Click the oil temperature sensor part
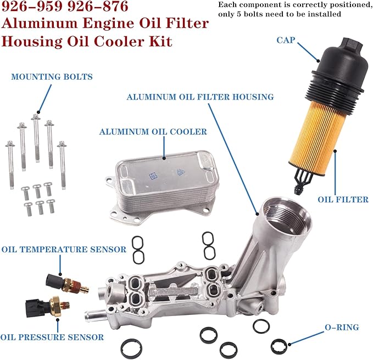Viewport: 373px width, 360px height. click(x=67, y=284)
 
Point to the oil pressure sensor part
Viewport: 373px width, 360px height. click(x=48, y=306)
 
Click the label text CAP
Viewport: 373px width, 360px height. click(x=286, y=40)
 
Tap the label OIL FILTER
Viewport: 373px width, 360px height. click(x=343, y=200)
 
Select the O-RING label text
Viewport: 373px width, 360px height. click(x=342, y=328)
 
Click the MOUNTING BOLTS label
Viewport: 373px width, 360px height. click(x=52, y=76)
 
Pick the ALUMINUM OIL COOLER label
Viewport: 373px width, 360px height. click(x=153, y=132)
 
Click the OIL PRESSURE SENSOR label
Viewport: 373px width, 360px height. click(x=52, y=337)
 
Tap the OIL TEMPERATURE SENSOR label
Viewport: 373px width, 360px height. click(x=64, y=250)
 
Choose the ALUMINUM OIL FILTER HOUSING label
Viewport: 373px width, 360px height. click(x=200, y=97)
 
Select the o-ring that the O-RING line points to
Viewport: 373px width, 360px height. click(x=279, y=346)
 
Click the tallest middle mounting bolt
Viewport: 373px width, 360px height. click(x=36, y=138)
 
